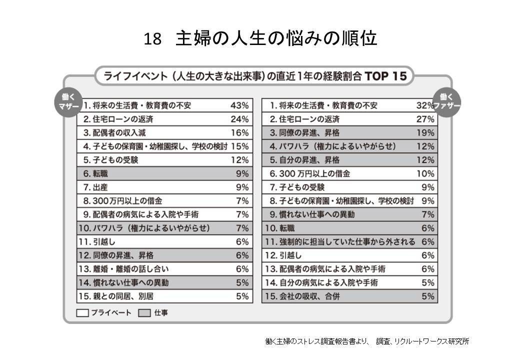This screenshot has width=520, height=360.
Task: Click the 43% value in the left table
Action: click(239, 105)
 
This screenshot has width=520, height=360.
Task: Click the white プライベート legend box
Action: click(83, 313)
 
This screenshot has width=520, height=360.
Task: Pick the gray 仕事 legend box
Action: click(144, 313)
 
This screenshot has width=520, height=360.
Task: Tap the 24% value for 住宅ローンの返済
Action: click(239, 119)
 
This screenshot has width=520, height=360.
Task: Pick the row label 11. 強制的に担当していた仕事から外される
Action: click(340, 241)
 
